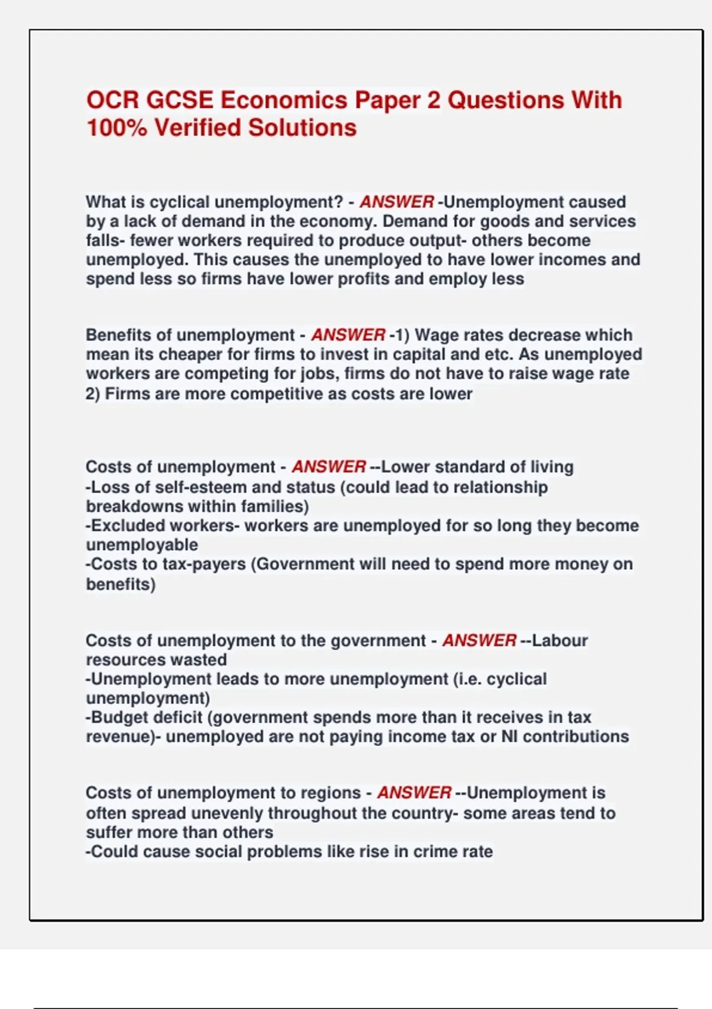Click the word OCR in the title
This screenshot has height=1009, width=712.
point(112,100)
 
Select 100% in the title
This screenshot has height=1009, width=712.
point(116,128)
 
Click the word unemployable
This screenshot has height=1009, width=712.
point(142,545)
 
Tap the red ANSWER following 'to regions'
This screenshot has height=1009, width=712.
point(414,793)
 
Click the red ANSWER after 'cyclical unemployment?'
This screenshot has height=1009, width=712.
point(396,202)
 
